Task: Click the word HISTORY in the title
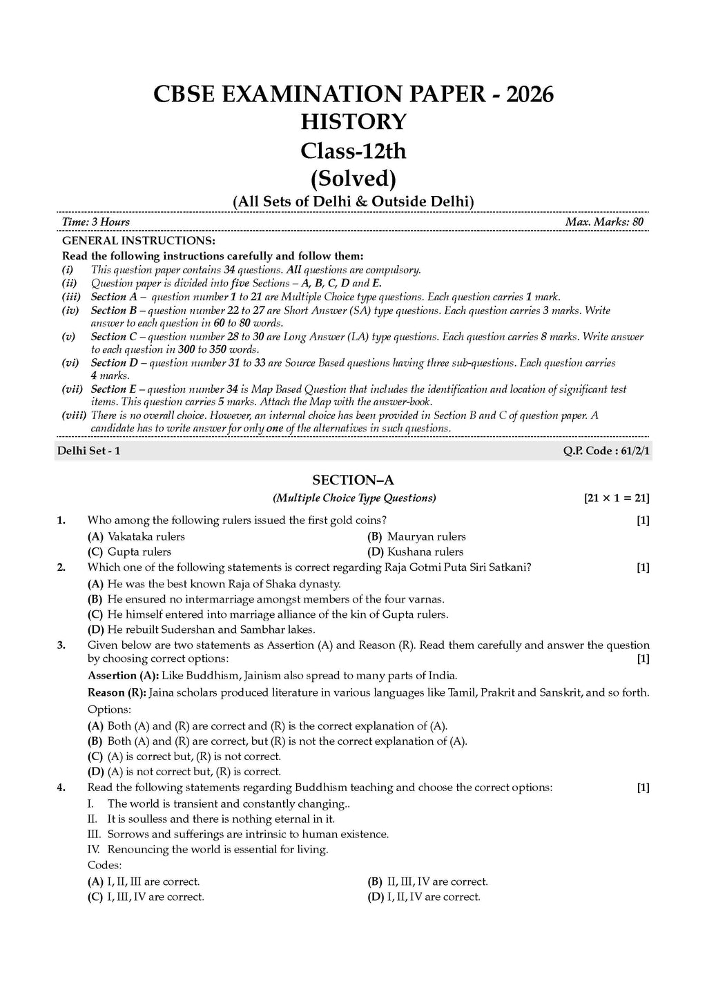coord(353,122)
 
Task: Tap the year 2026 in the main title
coord(530,94)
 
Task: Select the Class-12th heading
coord(353,150)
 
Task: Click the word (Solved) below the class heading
coord(353,179)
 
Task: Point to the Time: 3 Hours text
coord(95,222)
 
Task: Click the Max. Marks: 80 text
coord(604,222)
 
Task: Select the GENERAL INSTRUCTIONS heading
coord(139,241)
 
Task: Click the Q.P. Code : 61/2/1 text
coord(607,451)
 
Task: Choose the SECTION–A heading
coord(353,480)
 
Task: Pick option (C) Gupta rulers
coord(130,552)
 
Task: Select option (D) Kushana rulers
coord(416,552)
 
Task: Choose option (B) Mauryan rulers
coord(417,536)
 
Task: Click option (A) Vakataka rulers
coord(137,536)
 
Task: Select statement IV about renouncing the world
coord(209,850)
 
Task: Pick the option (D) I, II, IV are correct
coord(424,897)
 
